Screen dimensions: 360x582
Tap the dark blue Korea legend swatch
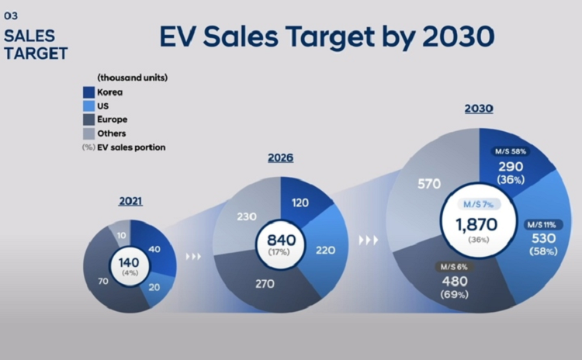89,92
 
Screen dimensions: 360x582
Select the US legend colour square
89,106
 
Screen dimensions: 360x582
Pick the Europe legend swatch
89,119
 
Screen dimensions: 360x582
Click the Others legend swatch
89,133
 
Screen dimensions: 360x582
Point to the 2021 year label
130,202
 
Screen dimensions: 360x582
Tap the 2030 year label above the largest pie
479,109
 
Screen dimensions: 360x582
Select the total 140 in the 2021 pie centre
130,261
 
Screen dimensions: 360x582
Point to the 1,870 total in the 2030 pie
476,225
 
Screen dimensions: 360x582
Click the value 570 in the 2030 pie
429,184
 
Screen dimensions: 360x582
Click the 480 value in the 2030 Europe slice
454,281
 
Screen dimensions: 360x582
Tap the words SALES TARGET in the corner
36,45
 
